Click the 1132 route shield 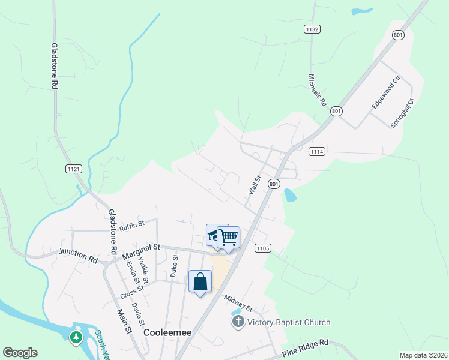click(x=312, y=29)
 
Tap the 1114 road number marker click(x=317, y=152)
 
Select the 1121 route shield click(x=73, y=169)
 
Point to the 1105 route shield click(x=263, y=248)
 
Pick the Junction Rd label click(x=78, y=256)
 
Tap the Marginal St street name click(x=142, y=251)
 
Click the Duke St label click(x=174, y=265)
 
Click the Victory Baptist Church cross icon click(x=238, y=322)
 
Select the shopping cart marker click(x=228, y=237)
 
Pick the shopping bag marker click(x=200, y=281)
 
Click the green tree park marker click(x=76, y=337)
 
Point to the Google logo click(x=20, y=353)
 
